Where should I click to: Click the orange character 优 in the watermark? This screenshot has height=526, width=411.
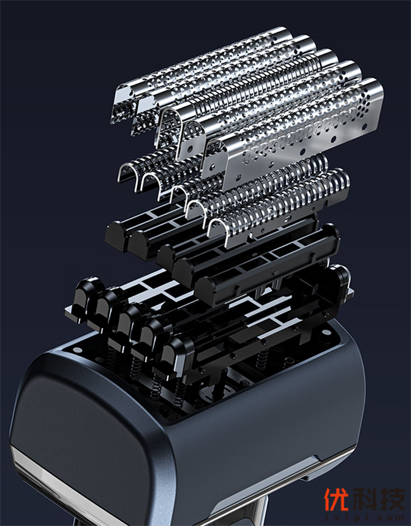click(x=336, y=499)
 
